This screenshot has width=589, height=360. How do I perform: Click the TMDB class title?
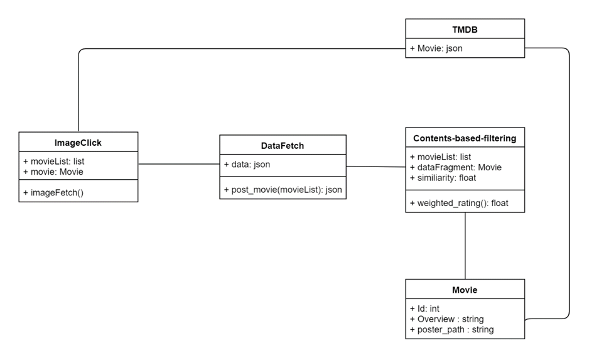(465, 30)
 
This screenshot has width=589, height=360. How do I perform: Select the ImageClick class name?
(78, 143)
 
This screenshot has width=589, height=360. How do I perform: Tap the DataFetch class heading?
(283, 146)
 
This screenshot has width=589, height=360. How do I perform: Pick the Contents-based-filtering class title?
(465, 138)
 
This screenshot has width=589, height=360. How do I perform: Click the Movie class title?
(465, 290)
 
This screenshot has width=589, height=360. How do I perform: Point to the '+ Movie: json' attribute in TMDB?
(436, 48)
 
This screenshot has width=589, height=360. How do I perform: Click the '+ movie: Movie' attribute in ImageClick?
(53, 172)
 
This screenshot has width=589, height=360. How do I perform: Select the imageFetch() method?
(53, 193)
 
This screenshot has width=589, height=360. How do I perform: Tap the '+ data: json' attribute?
(247, 164)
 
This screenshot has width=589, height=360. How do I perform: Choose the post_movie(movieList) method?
(283, 190)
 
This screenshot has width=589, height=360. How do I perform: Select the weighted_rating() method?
(459, 204)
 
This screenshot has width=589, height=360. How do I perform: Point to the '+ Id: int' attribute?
(424, 308)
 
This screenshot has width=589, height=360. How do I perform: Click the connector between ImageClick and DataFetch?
(179, 164)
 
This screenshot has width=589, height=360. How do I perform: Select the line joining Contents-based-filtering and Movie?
(465, 246)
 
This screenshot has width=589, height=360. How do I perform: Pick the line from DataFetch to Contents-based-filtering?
(376, 166)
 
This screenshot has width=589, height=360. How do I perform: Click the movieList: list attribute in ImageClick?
(54, 161)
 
